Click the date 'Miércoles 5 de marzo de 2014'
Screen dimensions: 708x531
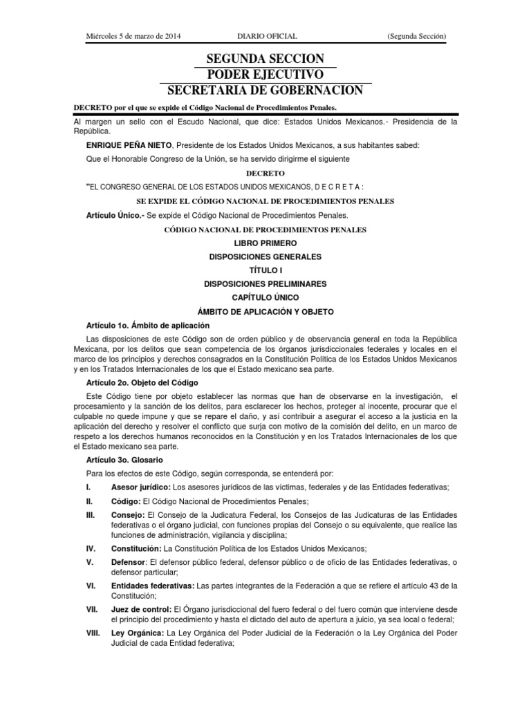pos(133,35)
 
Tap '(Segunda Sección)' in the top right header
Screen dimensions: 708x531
pos(416,35)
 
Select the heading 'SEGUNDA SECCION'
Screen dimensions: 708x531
pos(265,58)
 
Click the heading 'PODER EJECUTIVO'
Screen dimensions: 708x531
pos(265,74)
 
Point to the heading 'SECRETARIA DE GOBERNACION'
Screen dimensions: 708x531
pos(265,91)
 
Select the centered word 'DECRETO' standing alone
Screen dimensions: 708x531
pos(265,173)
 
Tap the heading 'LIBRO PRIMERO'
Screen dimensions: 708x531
pos(265,243)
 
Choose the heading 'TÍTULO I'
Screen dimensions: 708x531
pos(265,270)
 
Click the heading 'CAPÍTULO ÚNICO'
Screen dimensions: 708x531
pos(265,297)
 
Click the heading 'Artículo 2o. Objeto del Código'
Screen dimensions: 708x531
pos(142,382)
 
